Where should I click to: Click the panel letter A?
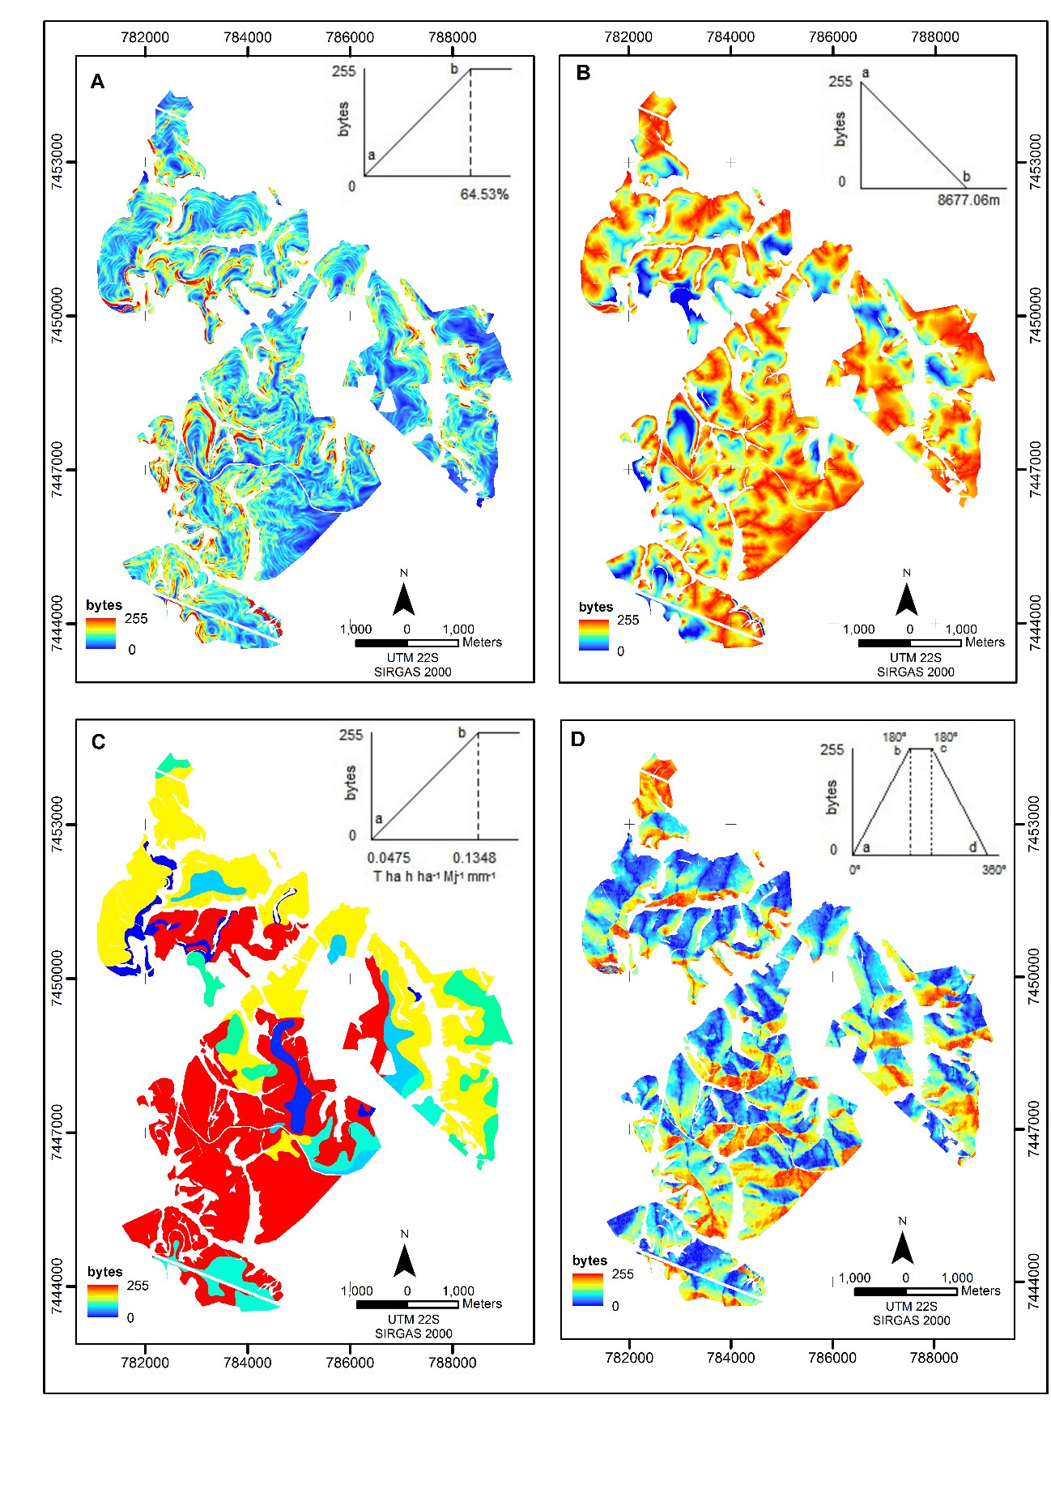[x=97, y=82]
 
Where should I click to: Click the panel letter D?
[x=577, y=740]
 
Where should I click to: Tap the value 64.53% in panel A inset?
[x=484, y=194]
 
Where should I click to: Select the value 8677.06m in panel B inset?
[x=968, y=200]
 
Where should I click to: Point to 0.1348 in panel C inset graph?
[x=474, y=858]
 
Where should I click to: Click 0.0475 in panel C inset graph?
[x=389, y=858]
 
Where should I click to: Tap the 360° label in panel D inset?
[x=994, y=870]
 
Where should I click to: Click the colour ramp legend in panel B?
[x=594, y=636]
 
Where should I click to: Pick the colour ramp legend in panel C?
[x=103, y=1302]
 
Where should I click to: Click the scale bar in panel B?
[x=909, y=643]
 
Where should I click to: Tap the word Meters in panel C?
[x=482, y=1303]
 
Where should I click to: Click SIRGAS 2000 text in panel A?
[x=413, y=672]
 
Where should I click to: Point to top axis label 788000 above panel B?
[x=934, y=37]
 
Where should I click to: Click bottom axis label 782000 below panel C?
[x=145, y=1363]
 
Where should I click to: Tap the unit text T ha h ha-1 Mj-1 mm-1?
[x=434, y=877]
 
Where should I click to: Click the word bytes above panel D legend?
[x=589, y=1261]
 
